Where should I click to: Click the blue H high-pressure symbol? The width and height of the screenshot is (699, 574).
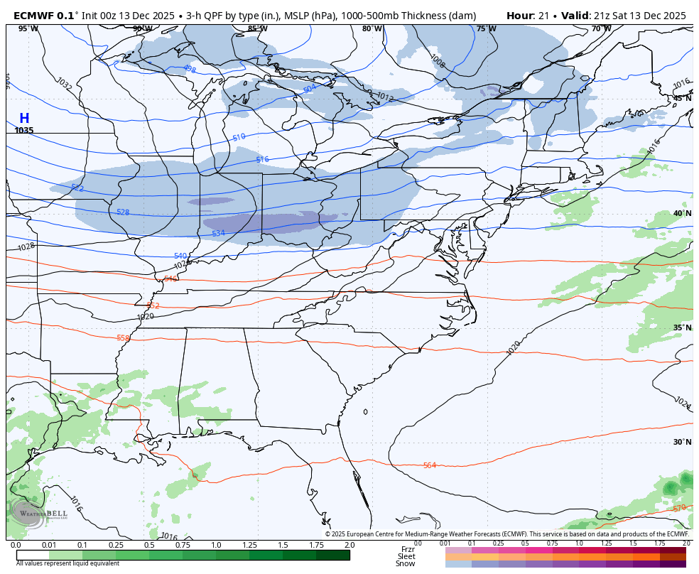(24, 119)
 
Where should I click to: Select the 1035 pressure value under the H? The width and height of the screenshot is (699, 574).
(24, 131)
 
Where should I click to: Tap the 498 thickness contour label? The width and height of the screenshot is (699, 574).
(189, 69)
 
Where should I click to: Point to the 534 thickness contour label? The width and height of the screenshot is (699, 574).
(218, 234)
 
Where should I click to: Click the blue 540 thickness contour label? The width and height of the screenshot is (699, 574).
(180, 256)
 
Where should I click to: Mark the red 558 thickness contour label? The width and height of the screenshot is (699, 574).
(123, 338)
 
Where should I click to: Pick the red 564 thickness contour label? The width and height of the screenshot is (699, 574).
(429, 465)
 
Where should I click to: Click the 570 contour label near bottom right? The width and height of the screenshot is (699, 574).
(679, 509)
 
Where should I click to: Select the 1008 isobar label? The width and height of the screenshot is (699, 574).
(438, 62)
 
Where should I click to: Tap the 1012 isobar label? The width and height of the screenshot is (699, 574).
(385, 97)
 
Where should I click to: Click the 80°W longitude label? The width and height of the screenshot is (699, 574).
(372, 29)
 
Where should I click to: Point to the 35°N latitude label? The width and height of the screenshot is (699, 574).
(682, 327)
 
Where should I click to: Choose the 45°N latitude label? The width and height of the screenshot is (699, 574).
(682, 98)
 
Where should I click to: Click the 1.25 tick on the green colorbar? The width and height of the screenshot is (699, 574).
(249, 545)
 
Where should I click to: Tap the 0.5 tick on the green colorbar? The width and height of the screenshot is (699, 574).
(149, 545)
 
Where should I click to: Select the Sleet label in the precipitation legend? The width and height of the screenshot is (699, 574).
(406, 556)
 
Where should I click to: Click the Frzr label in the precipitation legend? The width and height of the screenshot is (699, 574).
(408, 549)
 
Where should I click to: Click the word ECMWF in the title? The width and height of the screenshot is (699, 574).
(33, 16)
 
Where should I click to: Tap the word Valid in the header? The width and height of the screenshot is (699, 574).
(575, 16)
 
